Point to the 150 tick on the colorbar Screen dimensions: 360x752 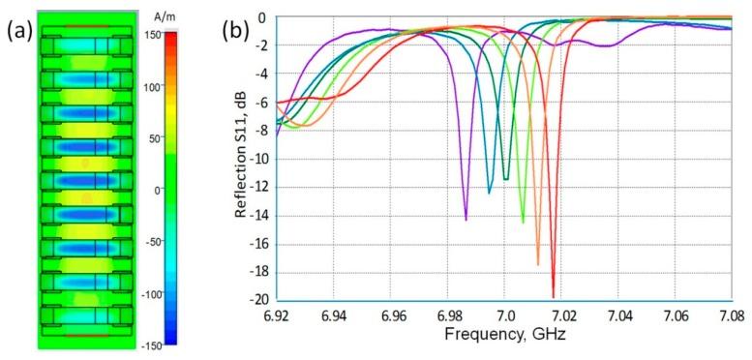[179, 35]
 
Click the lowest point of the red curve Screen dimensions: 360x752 [554, 297]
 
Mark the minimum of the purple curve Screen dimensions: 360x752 [466, 221]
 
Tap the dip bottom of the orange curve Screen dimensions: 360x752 [538, 264]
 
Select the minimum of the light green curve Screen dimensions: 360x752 [524, 223]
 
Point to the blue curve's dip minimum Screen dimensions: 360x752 [489, 194]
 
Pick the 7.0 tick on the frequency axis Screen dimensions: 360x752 [504, 315]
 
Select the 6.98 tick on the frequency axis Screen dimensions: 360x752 [447, 315]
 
